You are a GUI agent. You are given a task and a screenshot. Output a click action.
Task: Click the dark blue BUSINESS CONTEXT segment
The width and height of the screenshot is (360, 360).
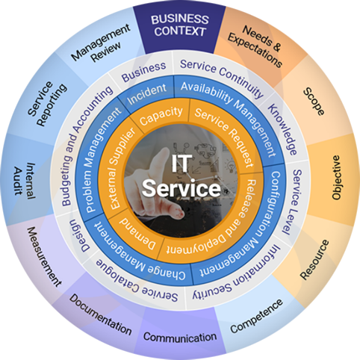(180, 29)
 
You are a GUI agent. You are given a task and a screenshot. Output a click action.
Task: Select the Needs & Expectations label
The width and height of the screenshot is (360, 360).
(255, 46)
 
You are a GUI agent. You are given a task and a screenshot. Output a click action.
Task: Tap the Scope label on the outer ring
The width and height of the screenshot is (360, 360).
(314, 102)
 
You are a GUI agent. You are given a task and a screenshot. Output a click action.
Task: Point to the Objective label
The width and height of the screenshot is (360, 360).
(336, 177)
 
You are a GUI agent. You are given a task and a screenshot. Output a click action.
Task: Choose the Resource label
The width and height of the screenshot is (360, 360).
(314, 259)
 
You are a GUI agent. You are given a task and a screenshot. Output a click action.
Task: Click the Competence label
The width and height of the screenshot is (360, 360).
(256, 316)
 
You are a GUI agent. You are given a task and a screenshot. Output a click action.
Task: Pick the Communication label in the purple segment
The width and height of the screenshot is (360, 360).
(180, 337)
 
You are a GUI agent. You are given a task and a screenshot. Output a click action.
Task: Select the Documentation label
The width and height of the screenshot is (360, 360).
(100, 314)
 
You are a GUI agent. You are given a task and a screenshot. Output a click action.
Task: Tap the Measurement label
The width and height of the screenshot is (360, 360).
(44, 256)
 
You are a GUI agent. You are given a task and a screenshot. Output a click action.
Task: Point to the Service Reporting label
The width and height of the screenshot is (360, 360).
(47, 103)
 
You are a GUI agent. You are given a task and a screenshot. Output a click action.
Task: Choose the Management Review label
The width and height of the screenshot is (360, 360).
(101, 44)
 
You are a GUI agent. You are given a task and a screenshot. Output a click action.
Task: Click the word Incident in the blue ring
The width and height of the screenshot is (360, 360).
(146, 94)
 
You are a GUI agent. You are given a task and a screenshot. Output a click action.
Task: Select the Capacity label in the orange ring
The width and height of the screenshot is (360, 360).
(161, 116)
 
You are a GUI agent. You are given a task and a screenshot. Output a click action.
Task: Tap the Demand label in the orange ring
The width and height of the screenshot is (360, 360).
(137, 235)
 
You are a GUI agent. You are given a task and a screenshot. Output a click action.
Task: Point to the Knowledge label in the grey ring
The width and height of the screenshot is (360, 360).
(282, 129)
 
